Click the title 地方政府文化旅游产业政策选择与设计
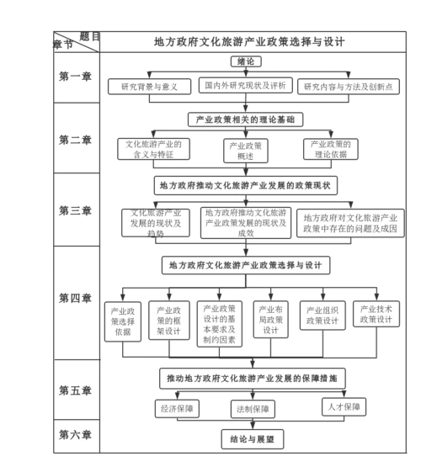(x=249, y=41)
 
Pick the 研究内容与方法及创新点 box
(x=351, y=87)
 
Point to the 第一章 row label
(x=75, y=77)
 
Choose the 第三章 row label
(x=75, y=210)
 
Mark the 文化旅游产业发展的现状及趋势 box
(x=155, y=223)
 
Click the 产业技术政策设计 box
(x=376, y=314)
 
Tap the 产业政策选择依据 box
(x=123, y=321)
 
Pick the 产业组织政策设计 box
(x=322, y=315)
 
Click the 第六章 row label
(x=75, y=435)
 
